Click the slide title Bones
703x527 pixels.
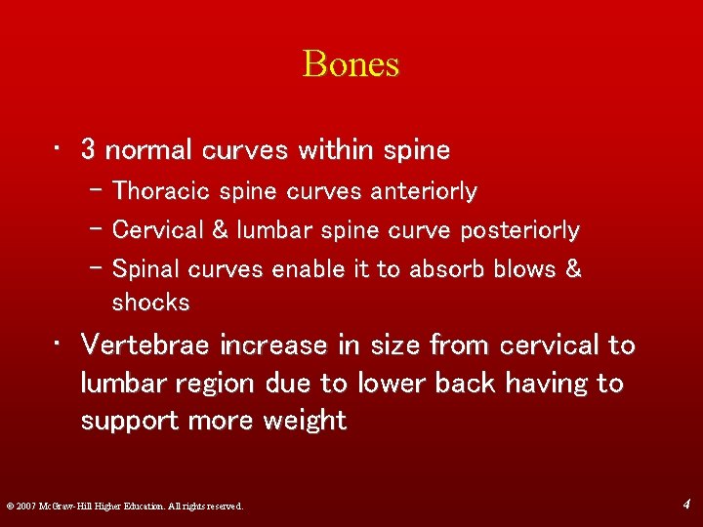pos(351,64)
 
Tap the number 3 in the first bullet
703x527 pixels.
pos(88,149)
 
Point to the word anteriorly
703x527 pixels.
pos(424,191)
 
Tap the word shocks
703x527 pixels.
pos(150,303)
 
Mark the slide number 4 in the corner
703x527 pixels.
pos(687,504)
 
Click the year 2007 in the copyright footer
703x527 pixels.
pos(26,506)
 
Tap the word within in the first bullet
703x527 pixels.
pos(335,149)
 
